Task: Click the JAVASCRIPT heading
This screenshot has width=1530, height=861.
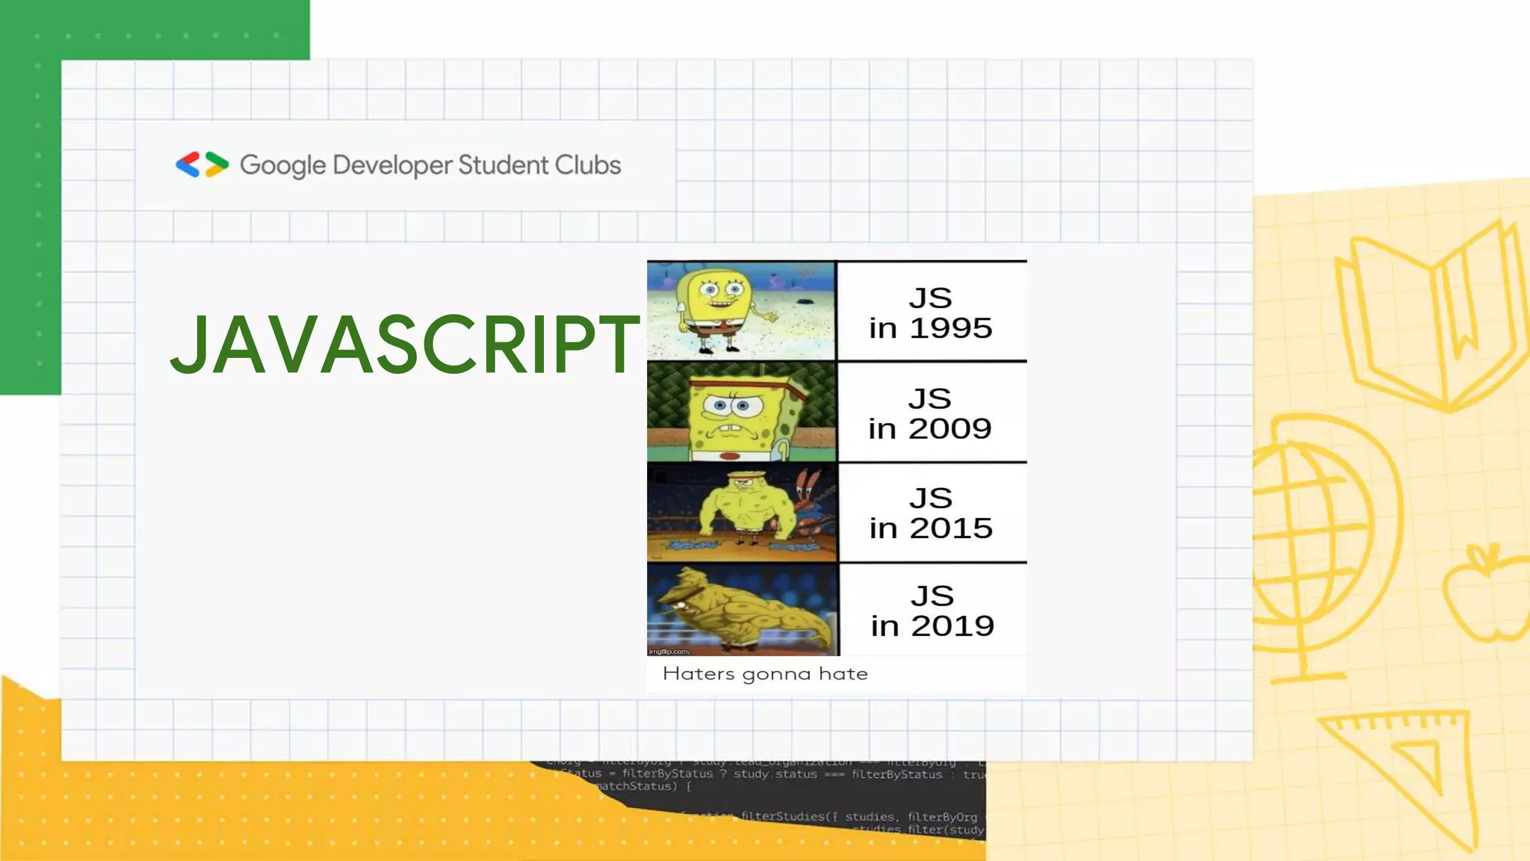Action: point(404,345)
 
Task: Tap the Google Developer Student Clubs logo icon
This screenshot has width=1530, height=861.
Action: point(202,164)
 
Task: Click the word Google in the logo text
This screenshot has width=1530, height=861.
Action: point(282,165)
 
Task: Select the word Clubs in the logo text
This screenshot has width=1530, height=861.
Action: point(588,164)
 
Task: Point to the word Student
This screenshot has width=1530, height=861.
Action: point(503,164)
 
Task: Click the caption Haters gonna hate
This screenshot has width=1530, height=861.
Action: point(765,673)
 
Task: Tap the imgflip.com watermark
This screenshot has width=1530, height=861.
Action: point(669,651)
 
